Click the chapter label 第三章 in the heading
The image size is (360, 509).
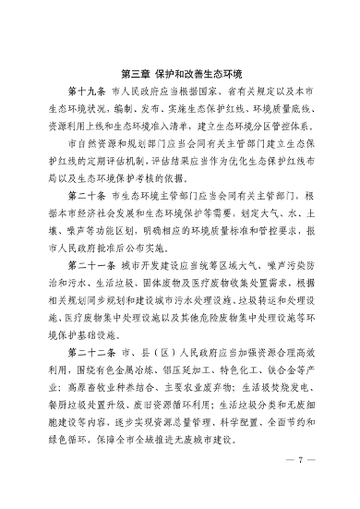(x=136, y=68)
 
